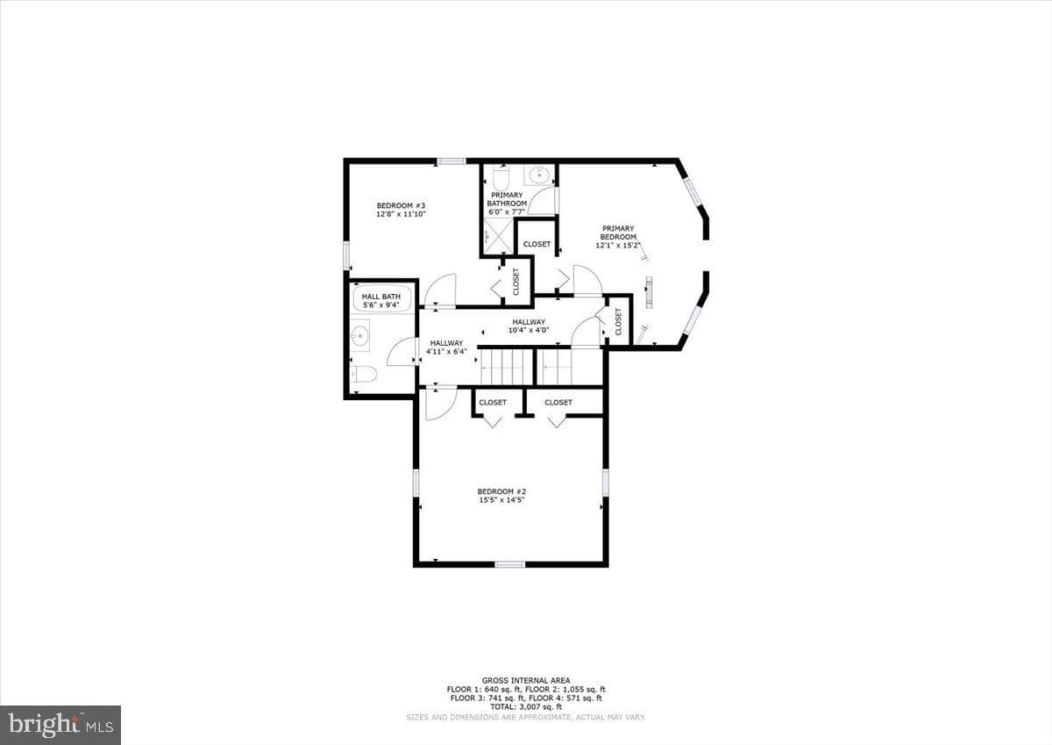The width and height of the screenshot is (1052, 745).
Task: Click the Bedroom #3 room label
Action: point(401,205)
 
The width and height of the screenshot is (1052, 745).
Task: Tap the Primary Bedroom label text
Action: point(618,233)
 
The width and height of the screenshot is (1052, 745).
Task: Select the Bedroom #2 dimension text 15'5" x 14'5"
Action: point(501,500)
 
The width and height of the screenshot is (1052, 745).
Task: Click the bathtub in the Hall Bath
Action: point(380,299)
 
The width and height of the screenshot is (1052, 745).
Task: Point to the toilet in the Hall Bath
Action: point(364,375)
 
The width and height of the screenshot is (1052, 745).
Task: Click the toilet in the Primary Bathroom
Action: point(501,178)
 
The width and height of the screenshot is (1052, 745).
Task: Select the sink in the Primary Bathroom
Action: point(540,176)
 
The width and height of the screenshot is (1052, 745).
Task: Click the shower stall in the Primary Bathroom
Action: point(498,236)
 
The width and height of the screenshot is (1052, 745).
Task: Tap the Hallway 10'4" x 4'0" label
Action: point(529,326)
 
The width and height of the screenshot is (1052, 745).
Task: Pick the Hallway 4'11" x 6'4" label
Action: point(446,347)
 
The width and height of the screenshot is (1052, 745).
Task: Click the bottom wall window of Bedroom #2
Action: point(510,564)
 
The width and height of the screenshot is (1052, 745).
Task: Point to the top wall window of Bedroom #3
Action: point(451,161)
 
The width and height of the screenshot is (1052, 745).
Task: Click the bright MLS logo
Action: point(60,725)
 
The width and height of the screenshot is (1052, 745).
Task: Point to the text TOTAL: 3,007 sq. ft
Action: point(526,706)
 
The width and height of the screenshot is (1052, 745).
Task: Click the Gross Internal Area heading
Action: point(526,680)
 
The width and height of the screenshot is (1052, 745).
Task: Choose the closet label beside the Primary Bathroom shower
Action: point(537,244)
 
